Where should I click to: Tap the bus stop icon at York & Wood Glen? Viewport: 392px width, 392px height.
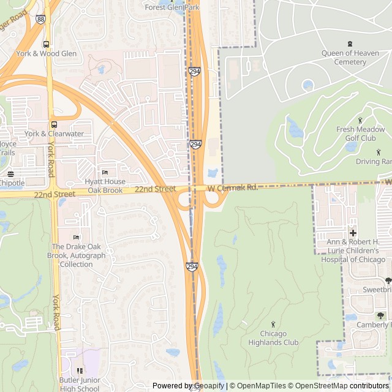(47, 44)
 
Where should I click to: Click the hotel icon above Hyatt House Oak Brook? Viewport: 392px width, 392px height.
(105, 172)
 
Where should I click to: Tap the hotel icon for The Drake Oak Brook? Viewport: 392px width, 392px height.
(76, 237)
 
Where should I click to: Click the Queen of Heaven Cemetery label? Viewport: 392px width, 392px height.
(351, 57)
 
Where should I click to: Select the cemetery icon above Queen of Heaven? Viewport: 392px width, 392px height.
(350, 43)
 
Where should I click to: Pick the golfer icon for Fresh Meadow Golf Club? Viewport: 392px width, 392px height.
(360, 120)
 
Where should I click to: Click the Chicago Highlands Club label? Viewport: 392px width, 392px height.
(274, 338)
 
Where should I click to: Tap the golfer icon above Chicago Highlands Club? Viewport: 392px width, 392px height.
(273, 324)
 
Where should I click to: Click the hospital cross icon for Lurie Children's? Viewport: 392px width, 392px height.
(353, 233)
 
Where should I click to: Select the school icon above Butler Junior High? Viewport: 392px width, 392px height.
(79, 370)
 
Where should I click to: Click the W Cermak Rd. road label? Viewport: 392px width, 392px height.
(232, 188)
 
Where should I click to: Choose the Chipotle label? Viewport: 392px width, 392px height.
(12, 183)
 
